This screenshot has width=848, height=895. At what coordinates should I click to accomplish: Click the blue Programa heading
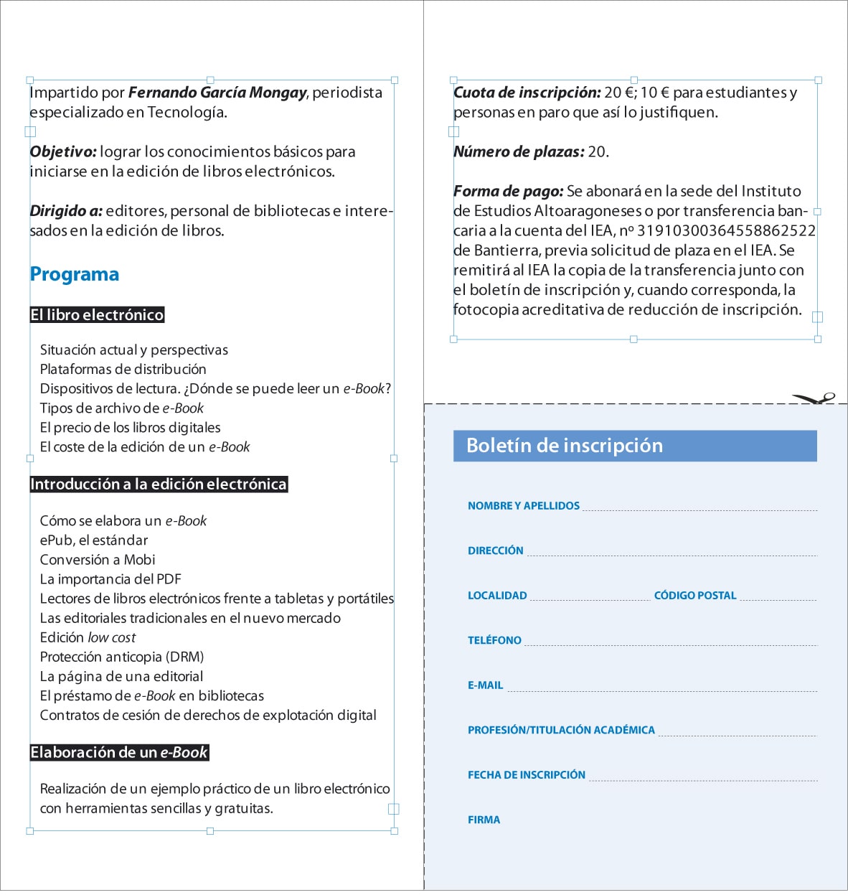point(75,274)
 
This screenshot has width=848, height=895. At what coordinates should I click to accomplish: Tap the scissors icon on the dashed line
point(815,398)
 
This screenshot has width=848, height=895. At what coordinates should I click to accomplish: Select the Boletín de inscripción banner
point(635,446)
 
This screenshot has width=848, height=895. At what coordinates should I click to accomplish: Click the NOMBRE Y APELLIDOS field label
point(523,506)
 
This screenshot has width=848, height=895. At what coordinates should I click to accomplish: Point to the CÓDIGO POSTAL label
point(694,596)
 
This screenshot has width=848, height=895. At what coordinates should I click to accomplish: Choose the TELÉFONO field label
point(494,640)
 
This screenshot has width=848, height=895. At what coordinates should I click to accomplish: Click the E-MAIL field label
point(485,685)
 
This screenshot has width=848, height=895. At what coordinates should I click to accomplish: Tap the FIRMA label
point(484,820)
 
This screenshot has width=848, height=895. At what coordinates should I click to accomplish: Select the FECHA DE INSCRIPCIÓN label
point(526,775)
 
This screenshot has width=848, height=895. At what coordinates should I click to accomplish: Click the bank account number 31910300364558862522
point(726,231)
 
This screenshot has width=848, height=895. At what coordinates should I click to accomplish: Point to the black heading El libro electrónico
point(97,315)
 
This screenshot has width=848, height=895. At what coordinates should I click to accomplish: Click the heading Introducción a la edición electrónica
point(159,484)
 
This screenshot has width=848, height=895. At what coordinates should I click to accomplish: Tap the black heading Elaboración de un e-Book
point(119,753)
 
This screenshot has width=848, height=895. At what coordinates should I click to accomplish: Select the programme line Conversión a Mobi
point(98,560)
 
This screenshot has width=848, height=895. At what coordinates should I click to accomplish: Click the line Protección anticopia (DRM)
point(122,657)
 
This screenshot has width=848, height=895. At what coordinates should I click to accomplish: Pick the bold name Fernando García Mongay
point(217,93)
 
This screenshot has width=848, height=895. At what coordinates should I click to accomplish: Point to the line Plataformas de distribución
point(123,370)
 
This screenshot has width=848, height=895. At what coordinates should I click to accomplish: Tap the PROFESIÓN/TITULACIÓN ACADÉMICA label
point(561,730)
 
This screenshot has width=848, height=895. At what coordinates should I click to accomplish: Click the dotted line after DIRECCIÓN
point(672,555)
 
